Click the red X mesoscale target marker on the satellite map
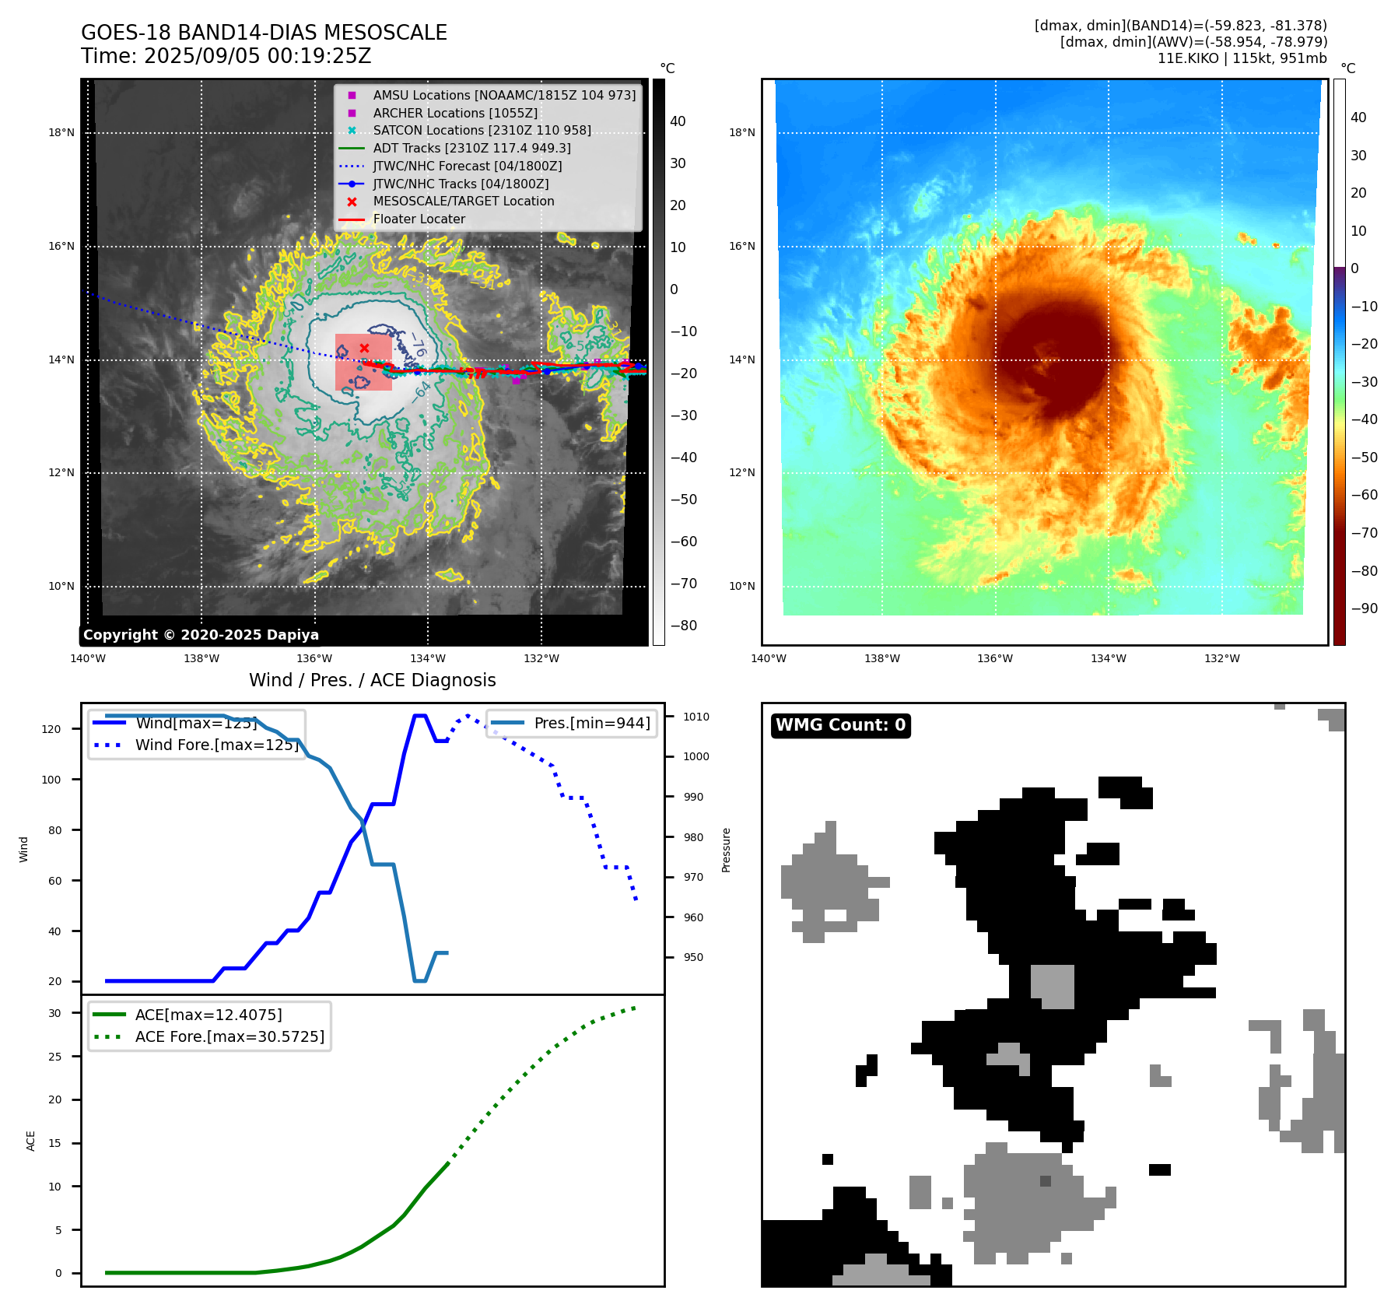tap(364, 348)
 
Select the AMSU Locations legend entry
tap(503, 95)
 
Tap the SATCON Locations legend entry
tap(482, 131)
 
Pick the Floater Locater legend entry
tap(419, 219)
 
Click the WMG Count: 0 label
tap(840, 725)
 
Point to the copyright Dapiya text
tap(201, 635)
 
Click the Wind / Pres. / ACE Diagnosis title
tap(372, 680)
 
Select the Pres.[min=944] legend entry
tap(591, 723)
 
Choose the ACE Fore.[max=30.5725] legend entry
tap(229, 1036)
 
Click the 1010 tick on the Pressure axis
tap(696, 717)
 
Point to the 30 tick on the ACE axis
tap(54, 1013)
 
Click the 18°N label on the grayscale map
tap(61, 133)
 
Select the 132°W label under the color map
tap(1221, 659)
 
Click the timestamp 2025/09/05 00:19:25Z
tap(258, 56)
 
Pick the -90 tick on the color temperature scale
tap(1365, 608)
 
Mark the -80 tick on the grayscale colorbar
tap(684, 626)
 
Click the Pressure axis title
tap(726, 850)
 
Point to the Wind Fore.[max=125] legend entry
tap(216, 745)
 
